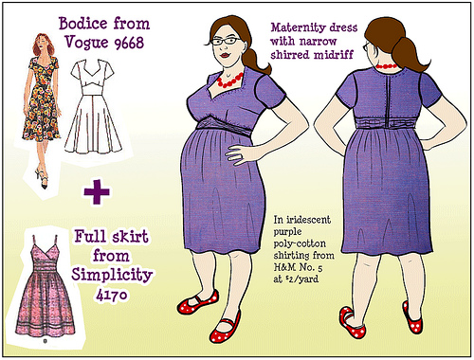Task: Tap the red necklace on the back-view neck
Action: [x=387, y=67]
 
